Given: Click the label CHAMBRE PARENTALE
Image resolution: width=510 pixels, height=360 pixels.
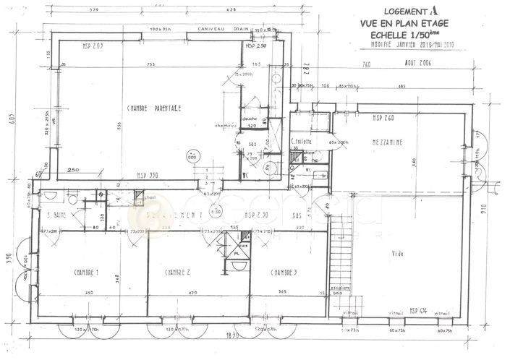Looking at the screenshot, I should click(153, 108).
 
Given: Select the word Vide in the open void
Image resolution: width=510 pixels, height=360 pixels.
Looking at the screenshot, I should click(397, 253).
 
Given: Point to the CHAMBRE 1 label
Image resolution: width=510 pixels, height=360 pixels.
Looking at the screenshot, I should click(86, 273).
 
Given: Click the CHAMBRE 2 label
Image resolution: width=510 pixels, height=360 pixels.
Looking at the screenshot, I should click(177, 273).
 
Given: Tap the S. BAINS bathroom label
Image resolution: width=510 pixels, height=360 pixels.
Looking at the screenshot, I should click(57, 215).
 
